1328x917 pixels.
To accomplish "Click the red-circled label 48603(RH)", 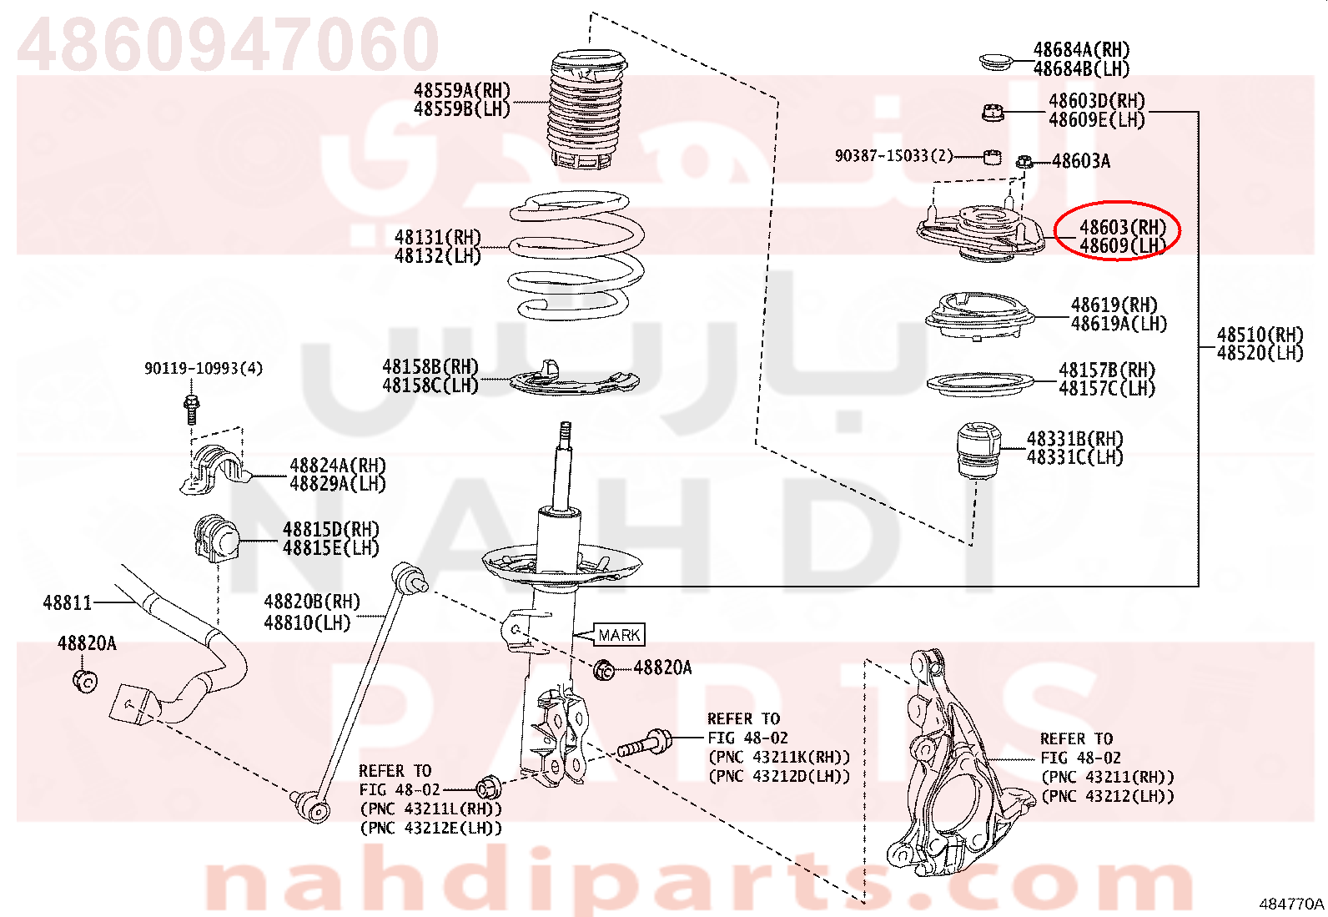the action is (x=1122, y=227).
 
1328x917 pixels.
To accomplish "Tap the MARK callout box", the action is (x=619, y=635).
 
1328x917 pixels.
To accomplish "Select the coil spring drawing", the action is (x=577, y=255).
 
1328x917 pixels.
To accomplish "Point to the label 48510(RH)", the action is (x=1260, y=335).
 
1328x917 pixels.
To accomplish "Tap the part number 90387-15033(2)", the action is (x=893, y=156).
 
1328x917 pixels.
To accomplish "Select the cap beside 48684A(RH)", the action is (x=997, y=62).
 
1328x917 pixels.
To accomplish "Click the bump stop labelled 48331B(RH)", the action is (x=978, y=451).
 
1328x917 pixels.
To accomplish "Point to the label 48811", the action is (x=68, y=603).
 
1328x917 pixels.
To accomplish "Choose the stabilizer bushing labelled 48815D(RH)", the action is (x=216, y=537).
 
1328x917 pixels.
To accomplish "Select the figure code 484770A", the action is (x=1291, y=904).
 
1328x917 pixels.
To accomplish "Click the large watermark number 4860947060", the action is (x=229, y=43).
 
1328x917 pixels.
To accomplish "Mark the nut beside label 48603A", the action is (x=1024, y=161).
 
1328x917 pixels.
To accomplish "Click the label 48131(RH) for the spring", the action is (x=438, y=237).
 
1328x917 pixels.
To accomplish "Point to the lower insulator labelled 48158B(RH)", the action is (x=574, y=379).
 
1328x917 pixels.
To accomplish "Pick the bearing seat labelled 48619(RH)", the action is (x=979, y=315).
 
